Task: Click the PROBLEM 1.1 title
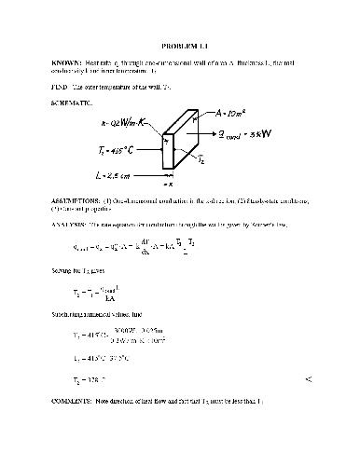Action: pos(181,45)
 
